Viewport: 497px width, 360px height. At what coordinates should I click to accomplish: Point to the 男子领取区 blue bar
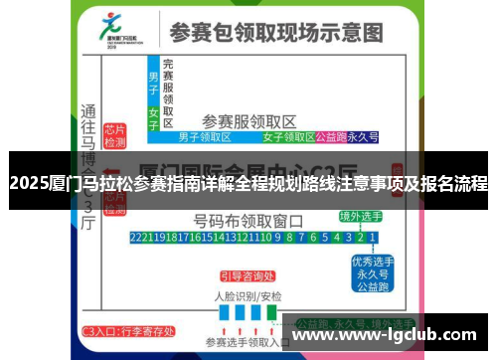pyautogui.click(x=205, y=137)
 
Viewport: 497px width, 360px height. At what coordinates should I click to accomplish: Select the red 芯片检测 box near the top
pyautogui.click(x=116, y=136)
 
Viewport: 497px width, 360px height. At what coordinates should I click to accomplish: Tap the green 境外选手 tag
pyautogui.click(x=359, y=216)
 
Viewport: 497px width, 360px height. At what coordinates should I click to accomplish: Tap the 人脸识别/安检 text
pyautogui.click(x=248, y=296)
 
